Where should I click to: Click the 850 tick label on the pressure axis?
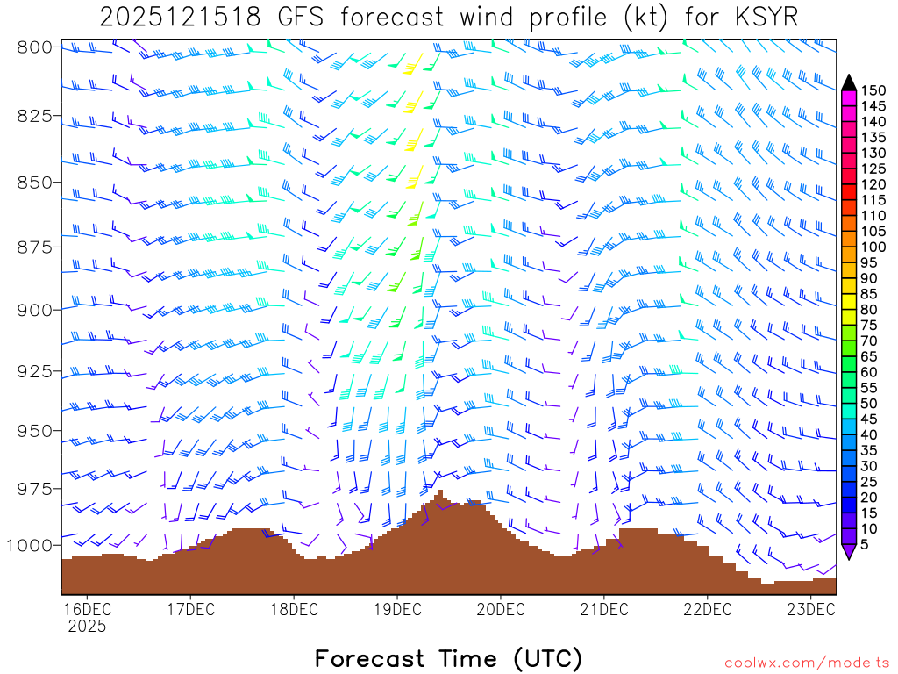pyautogui.click(x=35, y=182)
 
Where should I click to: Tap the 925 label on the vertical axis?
pyautogui.click(x=35, y=370)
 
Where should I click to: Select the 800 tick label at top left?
pyautogui.click(x=35, y=47)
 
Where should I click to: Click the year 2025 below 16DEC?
pyautogui.click(x=86, y=627)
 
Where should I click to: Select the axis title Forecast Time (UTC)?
pyautogui.click(x=448, y=658)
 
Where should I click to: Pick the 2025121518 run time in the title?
pyautogui.click(x=180, y=18)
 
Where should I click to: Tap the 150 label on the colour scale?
pyautogui.click(x=873, y=90)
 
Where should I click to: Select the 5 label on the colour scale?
pyautogui.click(x=866, y=545)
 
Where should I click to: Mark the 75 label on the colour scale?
pyautogui.click(x=869, y=326)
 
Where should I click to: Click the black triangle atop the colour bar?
pyautogui.click(x=849, y=82)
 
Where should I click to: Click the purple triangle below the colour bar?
pyautogui.click(x=849, y=552)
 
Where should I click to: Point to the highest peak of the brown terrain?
pyautogui.click(x=439, y=493)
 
